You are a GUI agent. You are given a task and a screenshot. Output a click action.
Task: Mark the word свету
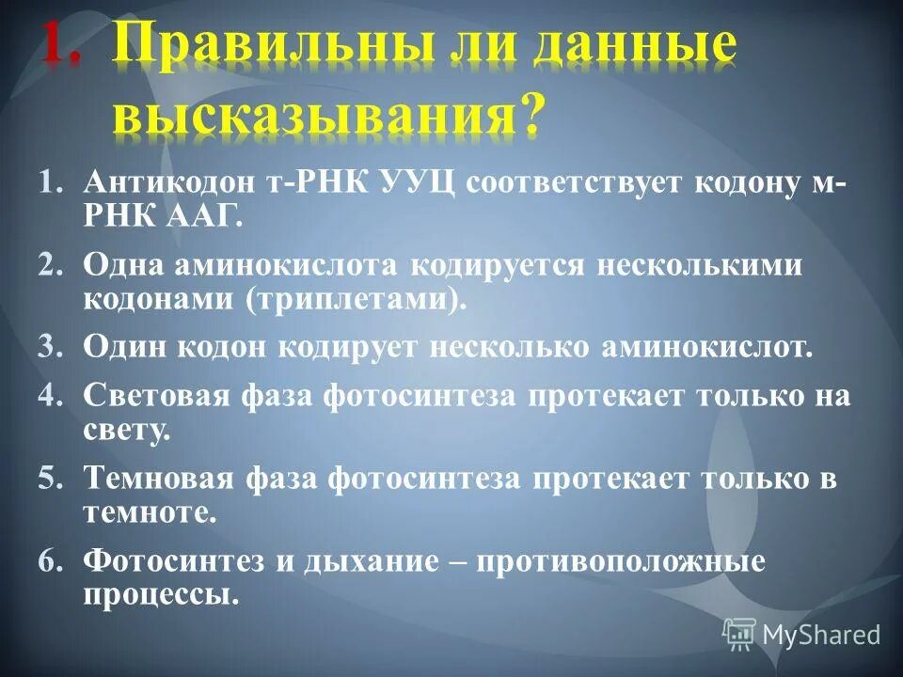click(x=127, y=431)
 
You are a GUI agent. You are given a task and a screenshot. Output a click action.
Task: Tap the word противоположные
click(x=621, y=561)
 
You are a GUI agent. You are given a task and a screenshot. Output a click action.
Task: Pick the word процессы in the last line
click(x=160, y=596)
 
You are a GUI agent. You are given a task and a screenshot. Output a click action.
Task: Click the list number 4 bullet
click(x=49, y=396)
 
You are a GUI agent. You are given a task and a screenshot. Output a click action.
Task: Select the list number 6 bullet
click(x=49, y=561)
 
